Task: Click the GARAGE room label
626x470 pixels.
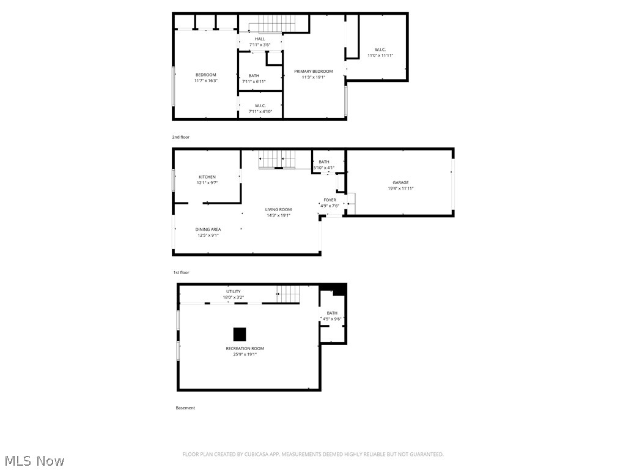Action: pos(400,182)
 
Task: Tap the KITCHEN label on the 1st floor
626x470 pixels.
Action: pos(207,177)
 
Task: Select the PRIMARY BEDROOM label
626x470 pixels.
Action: pos(314,72)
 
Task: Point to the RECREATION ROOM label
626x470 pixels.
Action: pos(245,348)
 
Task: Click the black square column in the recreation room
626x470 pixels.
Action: pos(240,334)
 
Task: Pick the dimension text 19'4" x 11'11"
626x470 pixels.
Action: pos(400,188)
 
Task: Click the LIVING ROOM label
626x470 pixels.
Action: pos(278,209)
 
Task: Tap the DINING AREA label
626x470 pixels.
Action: pos(208,229)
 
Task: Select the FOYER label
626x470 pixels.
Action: pos(330,200)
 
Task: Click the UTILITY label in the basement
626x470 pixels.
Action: pos(233,291)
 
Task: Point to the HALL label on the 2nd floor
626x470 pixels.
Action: pos(260,39)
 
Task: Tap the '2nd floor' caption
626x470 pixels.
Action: pos(181,137)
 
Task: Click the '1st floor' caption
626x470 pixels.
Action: pos(181,272)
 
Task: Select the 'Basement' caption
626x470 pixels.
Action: pos(185,408)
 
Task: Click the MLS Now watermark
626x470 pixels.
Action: pos(34,460)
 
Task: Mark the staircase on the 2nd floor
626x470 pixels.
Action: pos(277,24)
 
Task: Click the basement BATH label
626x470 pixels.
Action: pos(331,313)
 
